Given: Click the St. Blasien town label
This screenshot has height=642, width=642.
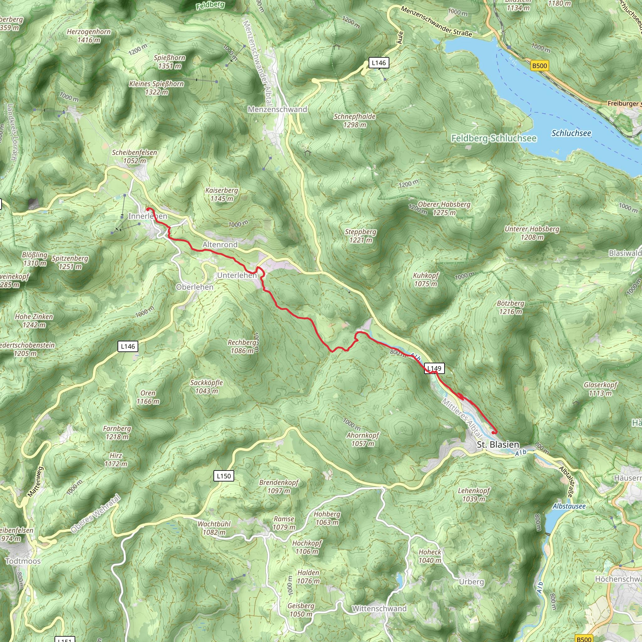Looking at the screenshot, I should (x=498, y=445).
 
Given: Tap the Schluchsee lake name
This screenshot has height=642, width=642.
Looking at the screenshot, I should (x=571, y=133).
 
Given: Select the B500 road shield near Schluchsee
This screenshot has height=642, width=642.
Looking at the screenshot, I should (x=539, y=66).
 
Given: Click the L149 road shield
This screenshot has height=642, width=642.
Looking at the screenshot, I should (x=434, y=368).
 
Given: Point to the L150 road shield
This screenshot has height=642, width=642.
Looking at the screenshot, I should (x=224, y=476).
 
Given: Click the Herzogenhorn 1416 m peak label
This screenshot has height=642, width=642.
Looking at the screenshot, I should (x=89, y=36).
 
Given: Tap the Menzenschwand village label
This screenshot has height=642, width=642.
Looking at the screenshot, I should (x=277, y=109).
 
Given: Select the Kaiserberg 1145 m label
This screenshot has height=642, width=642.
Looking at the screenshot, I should (x=222, y=194).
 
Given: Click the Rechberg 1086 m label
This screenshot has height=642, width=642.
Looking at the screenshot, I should (x=242, y=347).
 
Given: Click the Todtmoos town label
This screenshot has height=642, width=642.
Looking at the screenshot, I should (x=23, y=561).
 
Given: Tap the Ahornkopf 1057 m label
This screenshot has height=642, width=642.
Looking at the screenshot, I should (x=363, y=439).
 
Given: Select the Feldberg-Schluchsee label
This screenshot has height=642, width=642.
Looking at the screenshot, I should (x=494, y=138).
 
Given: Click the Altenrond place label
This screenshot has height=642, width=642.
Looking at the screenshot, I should (x=220, y=245).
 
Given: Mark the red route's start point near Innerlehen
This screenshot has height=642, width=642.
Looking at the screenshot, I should (x=148, y=209).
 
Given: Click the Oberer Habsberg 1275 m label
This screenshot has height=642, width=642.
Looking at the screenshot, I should (x=444, y=208).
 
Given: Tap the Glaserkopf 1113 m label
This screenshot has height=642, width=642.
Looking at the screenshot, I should (x=600, y=389).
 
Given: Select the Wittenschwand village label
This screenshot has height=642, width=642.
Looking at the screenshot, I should (x=379, y=608).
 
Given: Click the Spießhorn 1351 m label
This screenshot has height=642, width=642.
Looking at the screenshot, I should (x=170, y=62).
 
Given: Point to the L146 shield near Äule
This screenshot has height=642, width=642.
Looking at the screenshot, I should (x=379, y=63).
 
